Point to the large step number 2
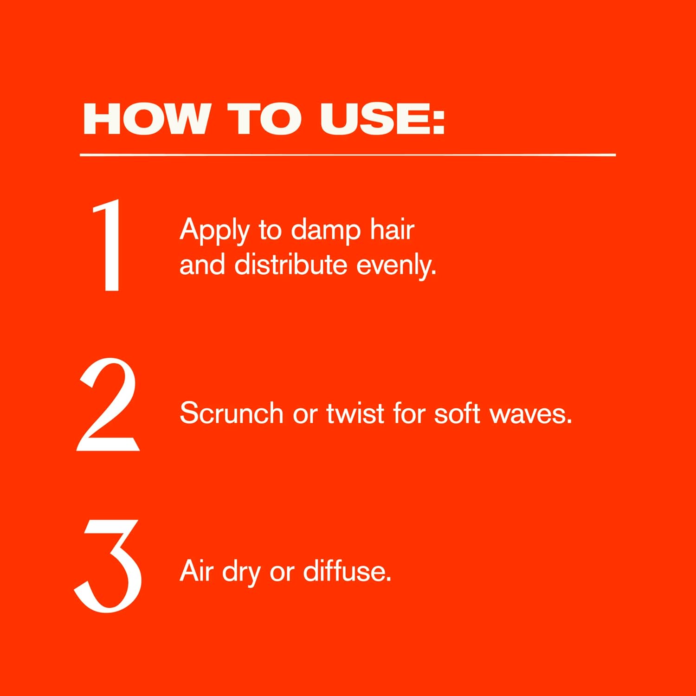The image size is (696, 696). pyautogui.click(x=108, y=404)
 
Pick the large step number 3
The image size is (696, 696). pyautogui.click(x=109, y=566)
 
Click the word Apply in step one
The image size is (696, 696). pyautogui.click(x=214, y=231)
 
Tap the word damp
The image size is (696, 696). pyautogui.click(x=326, y=231)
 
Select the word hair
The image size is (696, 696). pyautogui.click(x=392, y=229)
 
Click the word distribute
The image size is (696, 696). pyautogui.click(x=291, y=264)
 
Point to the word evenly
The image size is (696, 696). pyautogui.click(x=396, y=266)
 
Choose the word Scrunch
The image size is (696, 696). pyautogui.click(x=232, y=412)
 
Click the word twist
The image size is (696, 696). pyautogui.click(x=355, y=412)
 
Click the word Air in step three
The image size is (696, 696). pyautogui.click(x=196, y=570)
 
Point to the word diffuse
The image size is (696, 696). pyautogui.click(x=347, y=570)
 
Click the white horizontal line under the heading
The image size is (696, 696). pyautogui.click(x=348, y=155)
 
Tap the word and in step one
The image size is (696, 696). pyautogui.click(x=202, y=264)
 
